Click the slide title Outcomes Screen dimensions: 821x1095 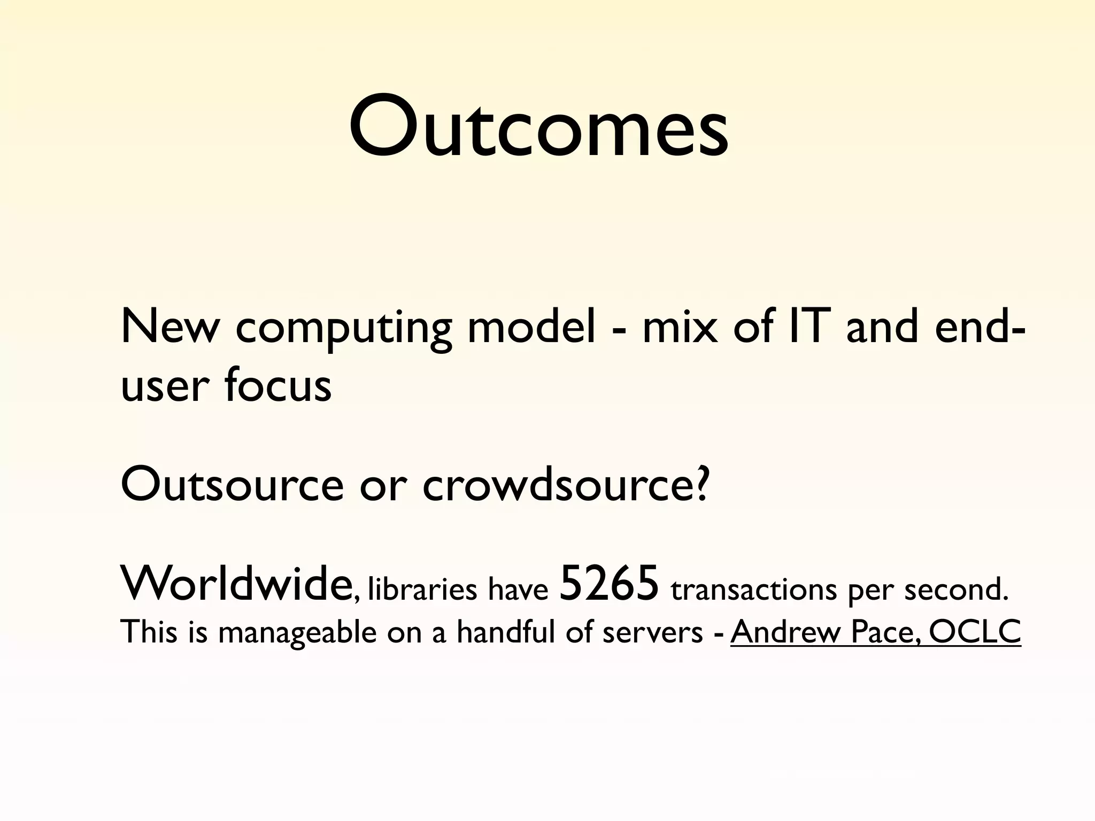(x=539, y=127)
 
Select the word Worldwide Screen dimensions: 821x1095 (x=235, y=584)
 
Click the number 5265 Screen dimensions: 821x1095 (x=608, y=584)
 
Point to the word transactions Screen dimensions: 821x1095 (x=754, y=590)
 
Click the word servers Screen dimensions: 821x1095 (x=652, y=633)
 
